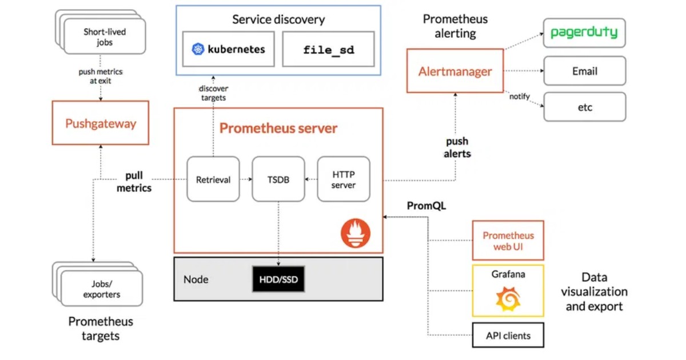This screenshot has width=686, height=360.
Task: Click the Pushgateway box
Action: click(100, 123)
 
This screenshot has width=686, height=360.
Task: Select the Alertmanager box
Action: click(455, 71)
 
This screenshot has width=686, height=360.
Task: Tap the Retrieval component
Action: click(213, 179)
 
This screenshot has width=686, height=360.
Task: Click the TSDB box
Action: click(278, 179)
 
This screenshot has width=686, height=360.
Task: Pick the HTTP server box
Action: click(344, 179)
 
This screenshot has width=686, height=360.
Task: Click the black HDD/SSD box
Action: click(278, 279)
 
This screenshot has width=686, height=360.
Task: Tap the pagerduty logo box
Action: click(584, 33)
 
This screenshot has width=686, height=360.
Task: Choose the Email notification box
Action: click(584, 71)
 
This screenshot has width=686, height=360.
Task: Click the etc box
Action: click(584, 107)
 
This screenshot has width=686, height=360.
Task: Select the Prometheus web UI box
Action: click(508, 241)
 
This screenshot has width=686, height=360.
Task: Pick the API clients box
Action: click(508, 335)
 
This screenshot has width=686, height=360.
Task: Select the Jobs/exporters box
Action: click(102, 289)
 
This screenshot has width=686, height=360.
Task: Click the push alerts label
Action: click(457, 147)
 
